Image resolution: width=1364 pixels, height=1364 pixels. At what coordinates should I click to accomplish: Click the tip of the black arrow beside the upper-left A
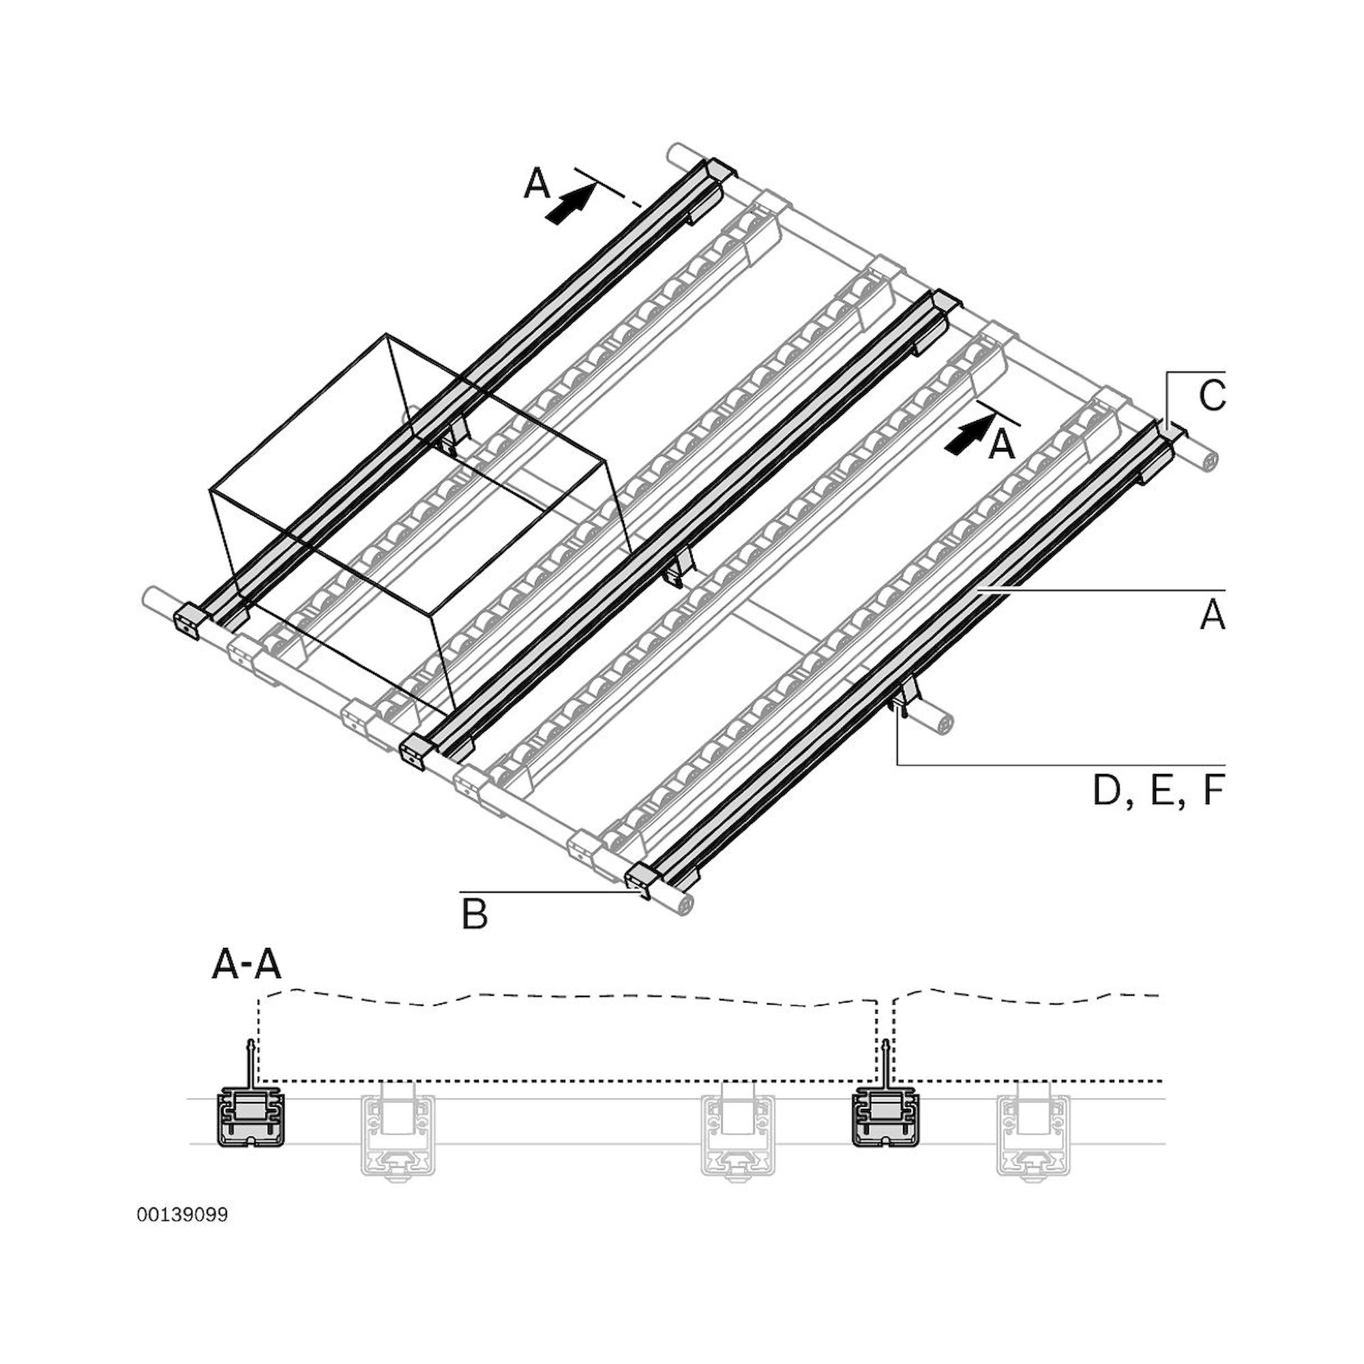[591, 184]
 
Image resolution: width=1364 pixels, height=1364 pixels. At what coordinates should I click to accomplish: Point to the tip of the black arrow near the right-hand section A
[990, 415]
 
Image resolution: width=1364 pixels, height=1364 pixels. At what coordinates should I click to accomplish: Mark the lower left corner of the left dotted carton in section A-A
[260, 1081]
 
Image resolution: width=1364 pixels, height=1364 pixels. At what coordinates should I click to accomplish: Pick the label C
[1211, 396]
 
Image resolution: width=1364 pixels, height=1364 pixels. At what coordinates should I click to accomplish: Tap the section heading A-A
[246, 966]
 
